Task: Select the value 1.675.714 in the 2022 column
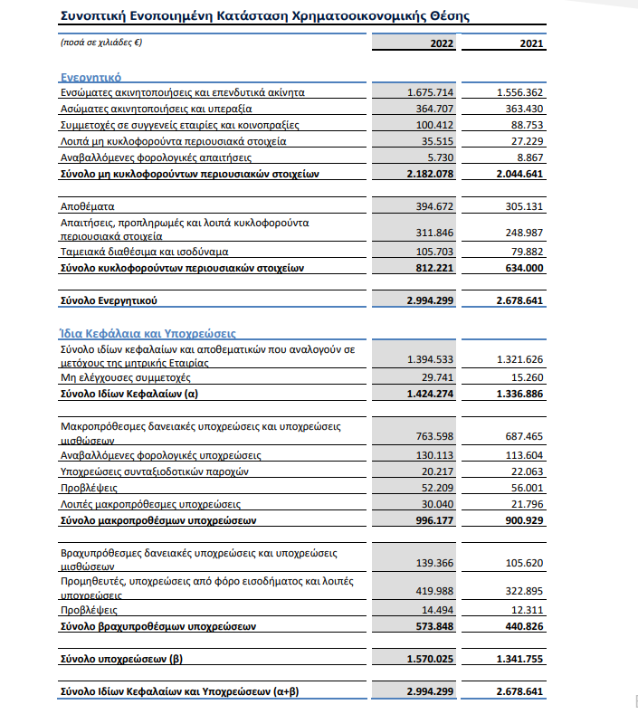[x=432, y=92]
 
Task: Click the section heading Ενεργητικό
[x=90, y=78]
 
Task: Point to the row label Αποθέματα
[x=87, y=206]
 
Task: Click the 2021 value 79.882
[x=526, y=252]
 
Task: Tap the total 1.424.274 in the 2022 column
[x=432, y=395]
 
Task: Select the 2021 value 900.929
[x=522, y=520]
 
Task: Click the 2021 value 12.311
[x=526, y=610]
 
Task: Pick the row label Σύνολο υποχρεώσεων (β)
[x=121, y=659]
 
